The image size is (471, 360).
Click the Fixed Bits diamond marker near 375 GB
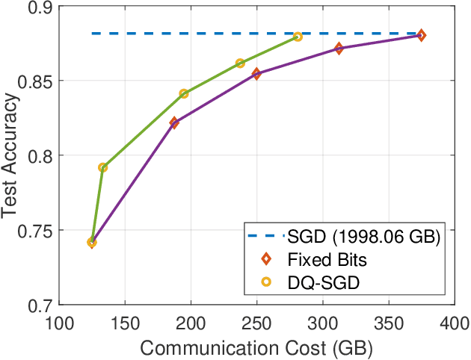click(421, 35)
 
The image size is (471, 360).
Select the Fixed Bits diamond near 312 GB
click(339, 48)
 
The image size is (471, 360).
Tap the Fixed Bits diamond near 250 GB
click(256, 74)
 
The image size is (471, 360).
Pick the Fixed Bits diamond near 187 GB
click(174, 122)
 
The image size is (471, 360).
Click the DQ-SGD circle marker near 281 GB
click(298, 37)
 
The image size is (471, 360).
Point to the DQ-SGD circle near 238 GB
click(240, 63)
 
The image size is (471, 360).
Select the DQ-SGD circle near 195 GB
click(183, 93)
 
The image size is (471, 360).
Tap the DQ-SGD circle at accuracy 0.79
click(102, 167)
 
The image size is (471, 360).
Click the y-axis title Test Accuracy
click(10, 155)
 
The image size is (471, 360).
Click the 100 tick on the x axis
click(59, 322)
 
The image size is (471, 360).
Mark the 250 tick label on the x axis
click(256, 322)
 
